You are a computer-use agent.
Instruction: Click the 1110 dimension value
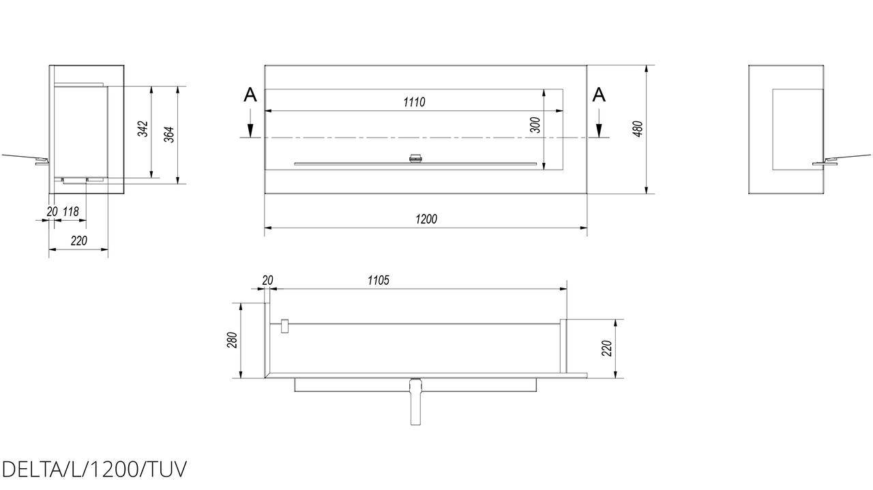tap(414, 102)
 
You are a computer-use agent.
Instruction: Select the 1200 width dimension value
tap(426, 219)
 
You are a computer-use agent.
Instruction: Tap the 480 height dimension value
tap(638, 129)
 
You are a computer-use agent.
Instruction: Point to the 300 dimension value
tap(536, 125)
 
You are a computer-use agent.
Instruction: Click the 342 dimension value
tap(143, 129)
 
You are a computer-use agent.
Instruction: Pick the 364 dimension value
tap(169, 134)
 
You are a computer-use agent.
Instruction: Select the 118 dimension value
tap(70, 211)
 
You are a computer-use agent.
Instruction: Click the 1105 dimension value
tap(378, 280)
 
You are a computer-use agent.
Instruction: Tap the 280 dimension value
tap(233, 340)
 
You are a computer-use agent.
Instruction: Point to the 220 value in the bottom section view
tap(607, 348)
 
